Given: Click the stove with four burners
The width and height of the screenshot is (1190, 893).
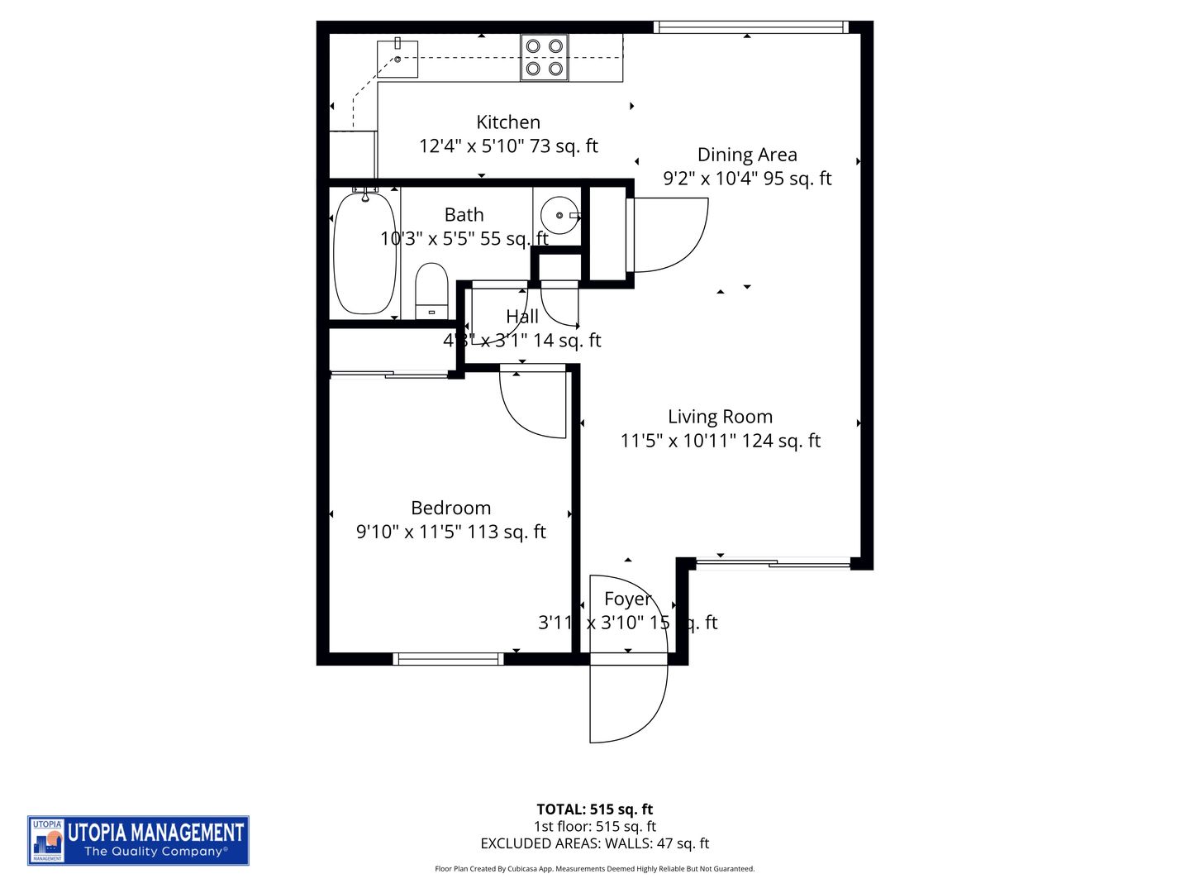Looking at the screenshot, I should click(x=544, y=58).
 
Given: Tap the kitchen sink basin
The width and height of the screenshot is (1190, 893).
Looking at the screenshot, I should click(x=397, y=59).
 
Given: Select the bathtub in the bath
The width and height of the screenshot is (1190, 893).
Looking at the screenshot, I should click(x=364, y=253).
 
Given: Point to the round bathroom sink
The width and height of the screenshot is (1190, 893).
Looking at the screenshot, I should click(x=559, y=215).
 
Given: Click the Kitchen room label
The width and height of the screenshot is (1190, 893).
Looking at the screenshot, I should click(x=508, y=122).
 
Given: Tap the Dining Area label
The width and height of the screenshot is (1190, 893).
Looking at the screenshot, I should click(x=747, y=155).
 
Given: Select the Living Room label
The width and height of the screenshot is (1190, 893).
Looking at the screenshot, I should click(x=720, y=417).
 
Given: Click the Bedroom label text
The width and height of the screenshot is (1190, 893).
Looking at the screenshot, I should click(x=450, y=508).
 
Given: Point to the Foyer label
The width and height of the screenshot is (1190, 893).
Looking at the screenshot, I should click(x=627, y=599).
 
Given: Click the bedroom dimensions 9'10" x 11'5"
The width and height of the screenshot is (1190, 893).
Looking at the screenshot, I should click(x=450, y=532).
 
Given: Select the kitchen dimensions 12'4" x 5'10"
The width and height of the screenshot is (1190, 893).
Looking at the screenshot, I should click(x=508, y=146).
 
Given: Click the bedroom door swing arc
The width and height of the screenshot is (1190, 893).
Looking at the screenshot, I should click(x=533, y=405).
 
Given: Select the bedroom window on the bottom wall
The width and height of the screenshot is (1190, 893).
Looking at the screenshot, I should click(x=448, y=659).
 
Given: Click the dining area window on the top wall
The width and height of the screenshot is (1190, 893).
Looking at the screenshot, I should click(x=750, y=27).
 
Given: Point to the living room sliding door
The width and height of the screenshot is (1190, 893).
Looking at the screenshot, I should click(x=773, y=564).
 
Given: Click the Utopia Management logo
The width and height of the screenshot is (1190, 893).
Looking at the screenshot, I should click(x=138, y=840).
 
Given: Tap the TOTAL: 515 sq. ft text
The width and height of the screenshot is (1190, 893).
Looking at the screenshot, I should click(x=594, y=809).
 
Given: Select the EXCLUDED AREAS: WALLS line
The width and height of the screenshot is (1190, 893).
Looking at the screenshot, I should click(x=594, y=843).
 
